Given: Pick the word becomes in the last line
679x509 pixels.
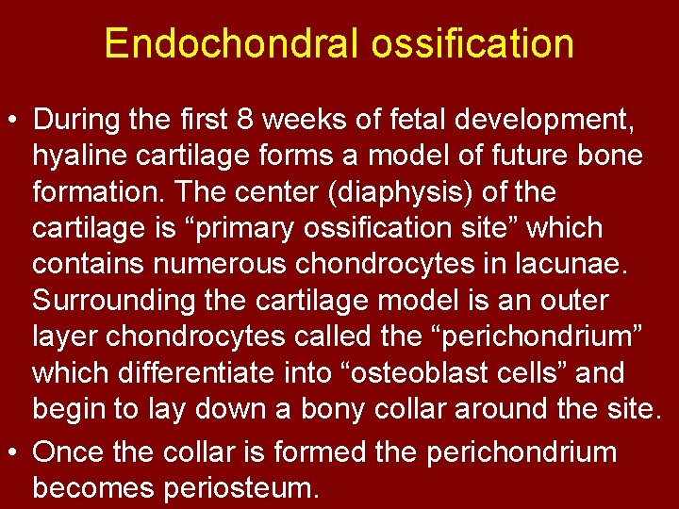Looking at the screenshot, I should pos(96,488).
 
